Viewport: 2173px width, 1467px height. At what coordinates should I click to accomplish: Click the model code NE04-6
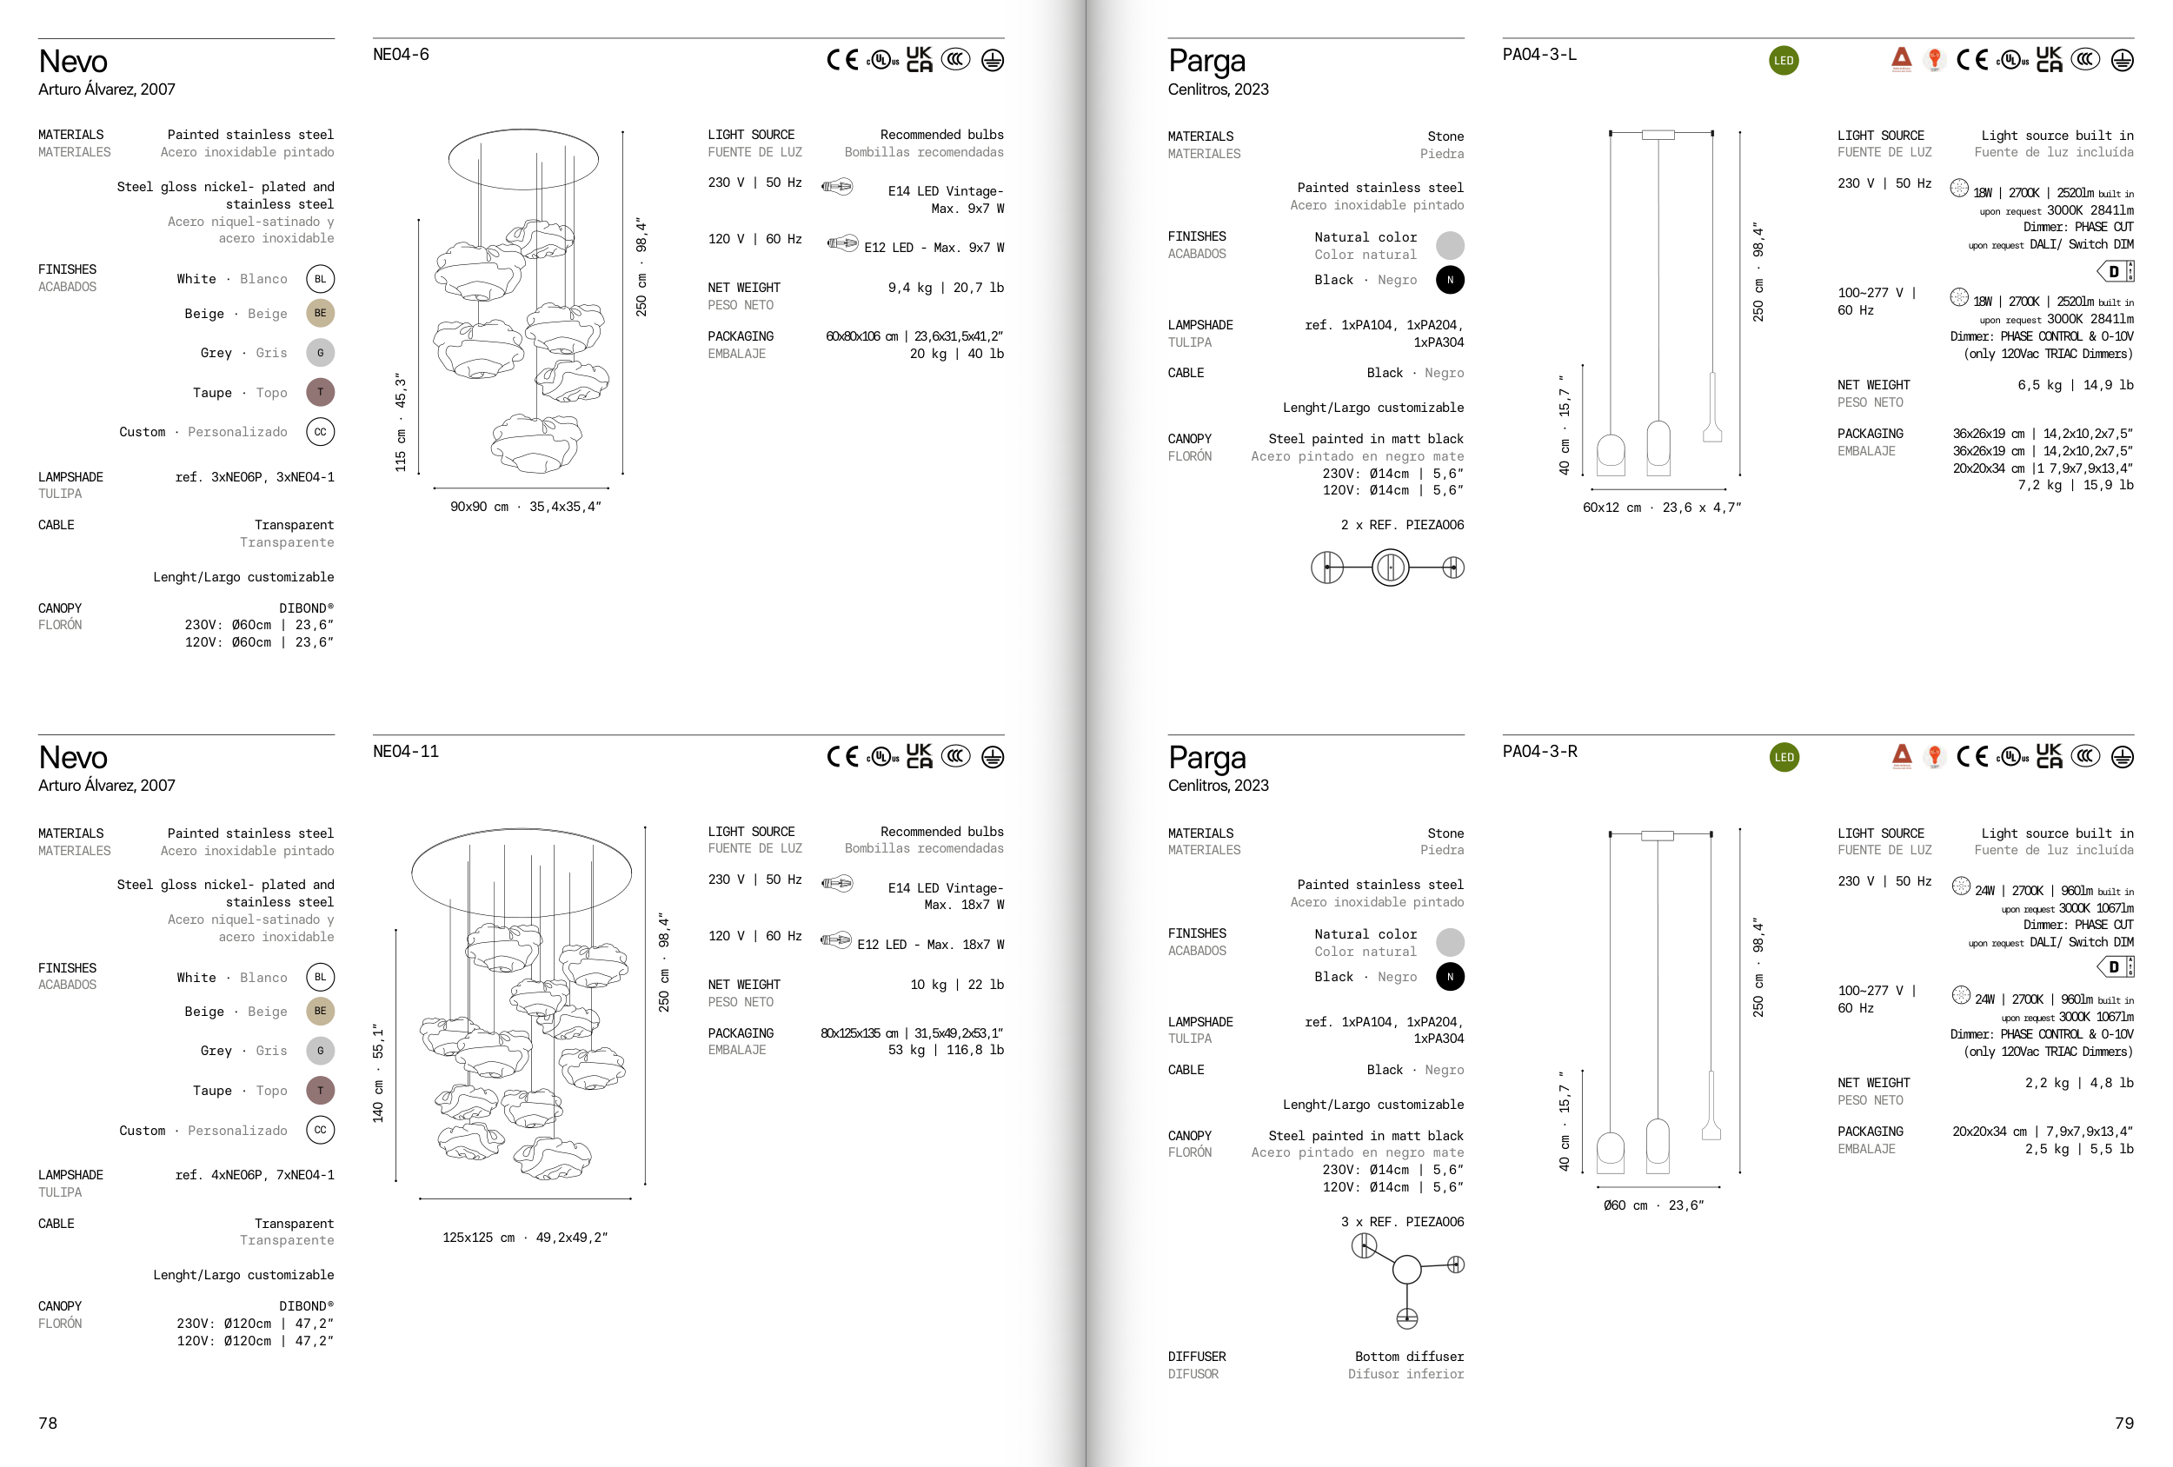[401, 54]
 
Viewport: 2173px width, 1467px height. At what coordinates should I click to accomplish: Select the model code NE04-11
[406, 751]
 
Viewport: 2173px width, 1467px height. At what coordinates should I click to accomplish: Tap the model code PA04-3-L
[1539, 54]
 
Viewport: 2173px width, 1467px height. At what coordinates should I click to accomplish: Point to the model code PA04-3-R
[1540, 751]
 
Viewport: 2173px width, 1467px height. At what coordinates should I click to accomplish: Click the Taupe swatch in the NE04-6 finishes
[321, 392]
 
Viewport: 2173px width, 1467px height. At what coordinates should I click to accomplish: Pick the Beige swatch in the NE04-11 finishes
[321, 1011]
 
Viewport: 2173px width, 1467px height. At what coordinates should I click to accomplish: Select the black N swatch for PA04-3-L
[1450, 280]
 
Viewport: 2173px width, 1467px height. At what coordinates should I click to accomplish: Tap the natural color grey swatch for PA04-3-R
[1450, 941]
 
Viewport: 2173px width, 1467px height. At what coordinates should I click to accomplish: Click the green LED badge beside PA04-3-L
[1784, 61]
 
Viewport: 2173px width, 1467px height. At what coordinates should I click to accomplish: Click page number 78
[48, 1423]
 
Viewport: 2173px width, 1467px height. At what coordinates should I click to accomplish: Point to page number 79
[2124, 1423]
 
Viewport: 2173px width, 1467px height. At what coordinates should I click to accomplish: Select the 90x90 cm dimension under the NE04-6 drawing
[480, 507]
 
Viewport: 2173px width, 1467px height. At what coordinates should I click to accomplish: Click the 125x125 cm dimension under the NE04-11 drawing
[479, 1237]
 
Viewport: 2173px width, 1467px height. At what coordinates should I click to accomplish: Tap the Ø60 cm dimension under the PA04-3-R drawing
[1626, 1205]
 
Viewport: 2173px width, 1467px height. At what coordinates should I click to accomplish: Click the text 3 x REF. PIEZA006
[1403, 1222]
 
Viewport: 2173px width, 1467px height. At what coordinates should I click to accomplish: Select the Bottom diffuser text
[1409, 1357]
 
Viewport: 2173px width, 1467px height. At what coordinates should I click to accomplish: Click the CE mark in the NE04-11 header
[842, 756]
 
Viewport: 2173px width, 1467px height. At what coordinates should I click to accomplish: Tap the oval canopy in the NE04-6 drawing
[523, 159]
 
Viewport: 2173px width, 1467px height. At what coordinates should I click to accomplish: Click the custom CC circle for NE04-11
[321, 1130]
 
